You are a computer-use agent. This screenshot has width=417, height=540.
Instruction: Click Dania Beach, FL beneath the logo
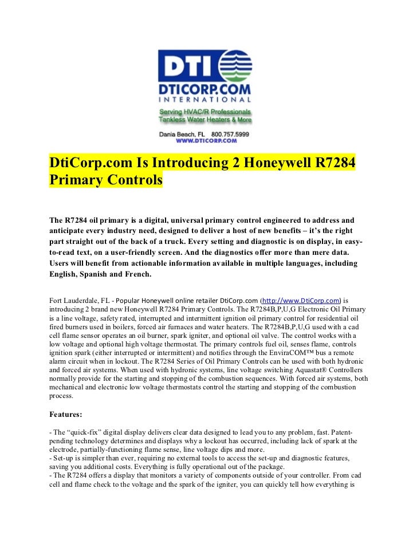(x=181, y=133)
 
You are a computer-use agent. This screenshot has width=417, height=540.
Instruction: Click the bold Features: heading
(x=67, y=413)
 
